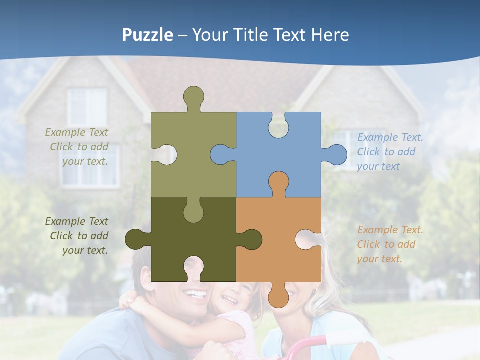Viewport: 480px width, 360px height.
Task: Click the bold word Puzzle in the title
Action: coord(148,35)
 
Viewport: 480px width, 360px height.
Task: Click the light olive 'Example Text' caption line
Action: coord(76,132)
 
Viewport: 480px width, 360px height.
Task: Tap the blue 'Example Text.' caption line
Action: coord(390,137)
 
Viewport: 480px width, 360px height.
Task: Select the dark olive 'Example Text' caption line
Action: coord(76,221)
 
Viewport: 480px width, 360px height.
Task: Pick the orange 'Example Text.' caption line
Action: coord(390,230)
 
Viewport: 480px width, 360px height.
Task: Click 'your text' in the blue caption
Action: coord(378,166)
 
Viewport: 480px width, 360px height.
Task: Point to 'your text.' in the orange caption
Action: coord(379,259)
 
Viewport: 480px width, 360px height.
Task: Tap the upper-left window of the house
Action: coord(87,107)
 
